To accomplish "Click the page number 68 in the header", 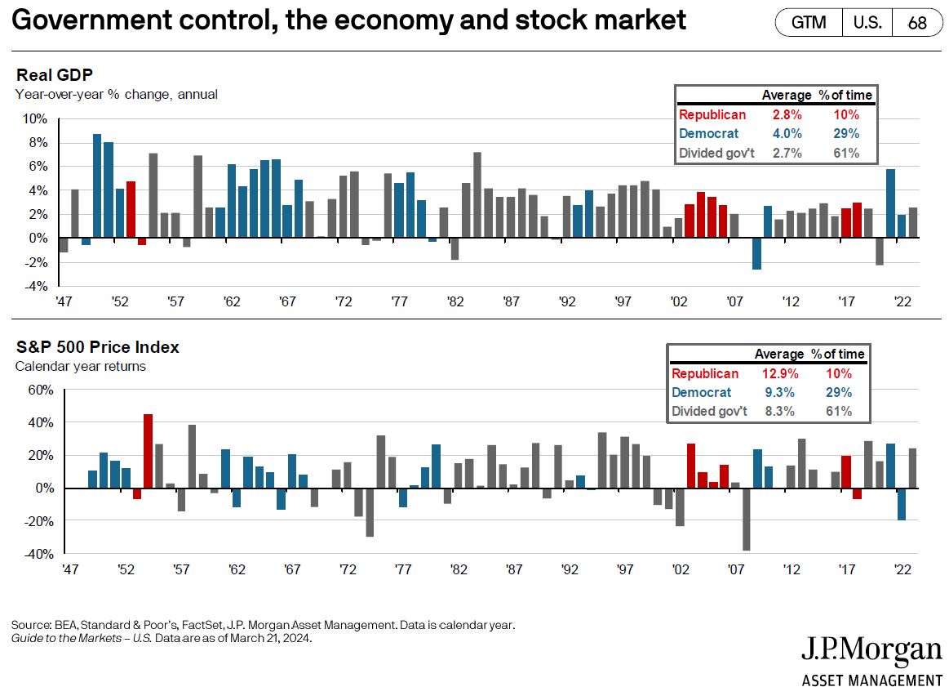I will pyautogui.click(x=917, y=23).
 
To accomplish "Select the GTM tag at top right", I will pyautogui.click(x=809, y=23).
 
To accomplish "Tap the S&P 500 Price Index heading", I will pyautogui.click(x=97, y=347).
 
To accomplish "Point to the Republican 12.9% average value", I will pyautogui.click(x=777, y=374).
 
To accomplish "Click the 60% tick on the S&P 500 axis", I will pyautogui.click(x=39, y=390).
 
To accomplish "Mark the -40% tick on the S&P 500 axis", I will pyautogui.click(x=38, y=555).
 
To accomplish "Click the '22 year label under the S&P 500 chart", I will pyautogui.click(x=902, y=569).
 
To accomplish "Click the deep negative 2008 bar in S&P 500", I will pyautogui.click(x=745, y=519).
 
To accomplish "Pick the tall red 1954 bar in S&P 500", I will pyautogui.click(x=148, y=451).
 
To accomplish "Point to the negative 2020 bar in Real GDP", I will pyautogui.click(x=880, y=252).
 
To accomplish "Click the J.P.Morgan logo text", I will pyautogui.click(x=871, y=651).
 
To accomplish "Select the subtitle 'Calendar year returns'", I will pyautogui.click(x=81, y=366).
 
